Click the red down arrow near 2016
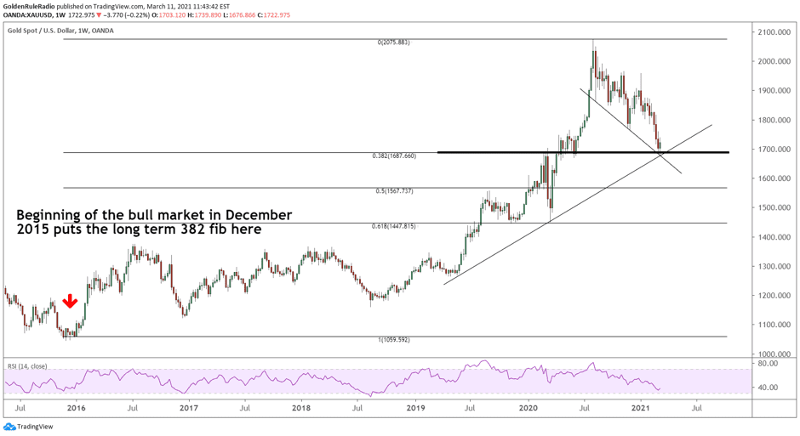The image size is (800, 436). pos(71,302)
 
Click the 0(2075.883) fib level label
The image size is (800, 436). pos(393,42)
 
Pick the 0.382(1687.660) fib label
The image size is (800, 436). pos(393,156)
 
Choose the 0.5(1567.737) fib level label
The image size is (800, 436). pos(393,191)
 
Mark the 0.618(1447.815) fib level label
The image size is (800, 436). pos(393,227)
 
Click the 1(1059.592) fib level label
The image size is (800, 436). pos(393,340)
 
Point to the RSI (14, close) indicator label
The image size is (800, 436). pos(27,366)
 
